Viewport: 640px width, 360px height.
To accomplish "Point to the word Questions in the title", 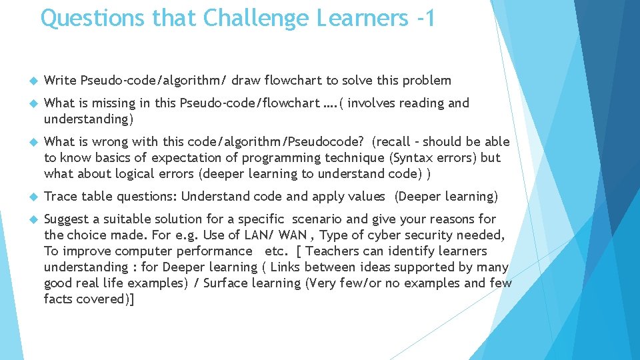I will point(93,18).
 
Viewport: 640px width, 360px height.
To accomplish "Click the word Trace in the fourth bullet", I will point(60,197).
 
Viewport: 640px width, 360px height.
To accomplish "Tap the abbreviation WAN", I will point(293,235).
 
